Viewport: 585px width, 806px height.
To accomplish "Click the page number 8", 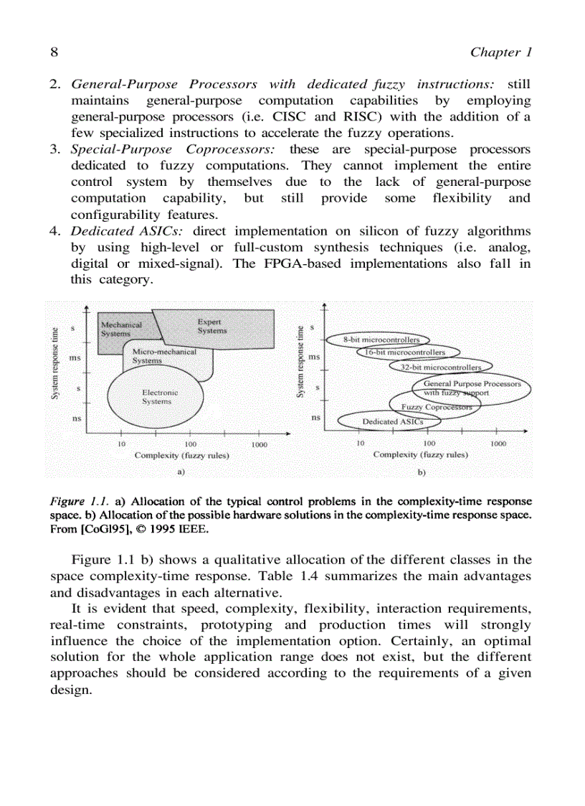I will [54, 52].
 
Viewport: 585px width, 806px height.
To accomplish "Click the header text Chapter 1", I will [500, 52].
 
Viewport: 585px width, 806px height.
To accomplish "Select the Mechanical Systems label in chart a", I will [121, 329].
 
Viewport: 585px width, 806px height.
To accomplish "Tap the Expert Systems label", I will [211, 327].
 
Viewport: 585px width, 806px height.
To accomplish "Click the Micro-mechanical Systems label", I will [163, 356].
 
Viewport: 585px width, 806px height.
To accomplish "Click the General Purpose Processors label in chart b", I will [472, 388].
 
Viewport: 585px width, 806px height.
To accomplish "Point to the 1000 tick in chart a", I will [259, 444].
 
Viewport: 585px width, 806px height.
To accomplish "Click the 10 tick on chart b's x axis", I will [360, 444].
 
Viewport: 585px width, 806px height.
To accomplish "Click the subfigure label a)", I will [181, 472].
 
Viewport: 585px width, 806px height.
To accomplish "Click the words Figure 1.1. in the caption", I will [79, 500].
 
